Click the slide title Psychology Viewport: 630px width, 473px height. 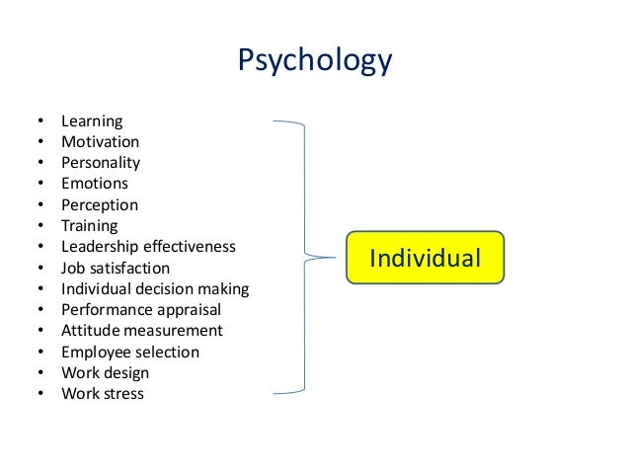click(x=315, y=61)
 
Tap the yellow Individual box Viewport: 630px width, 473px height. click(x=425, y=259)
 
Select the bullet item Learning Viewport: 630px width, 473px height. click(x=92, y=121)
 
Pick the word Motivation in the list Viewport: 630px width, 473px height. click(x=100, y=142)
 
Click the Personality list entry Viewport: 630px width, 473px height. click(x=101, y=163)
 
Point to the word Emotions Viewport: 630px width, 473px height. click(x=95, y=184)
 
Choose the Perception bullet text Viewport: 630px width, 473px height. click(x=100, y=205)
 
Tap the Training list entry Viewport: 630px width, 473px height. click(x=89, y=226)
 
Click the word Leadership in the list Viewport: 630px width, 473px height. click(x=98, y=247)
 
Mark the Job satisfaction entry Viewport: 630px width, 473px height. click(x=116, y=268)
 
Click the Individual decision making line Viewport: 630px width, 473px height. click(x=155, y=289)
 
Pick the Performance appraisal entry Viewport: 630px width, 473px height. click(x=141, y=310)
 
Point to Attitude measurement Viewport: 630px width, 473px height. click(x=142, y=331)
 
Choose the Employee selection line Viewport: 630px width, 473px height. click(x=130, y=353)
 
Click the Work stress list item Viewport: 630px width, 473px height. click(x=103, y=394)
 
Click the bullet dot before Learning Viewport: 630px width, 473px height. click(x=40, y=121)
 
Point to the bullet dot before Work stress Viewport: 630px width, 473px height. click(x=40, y=394)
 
